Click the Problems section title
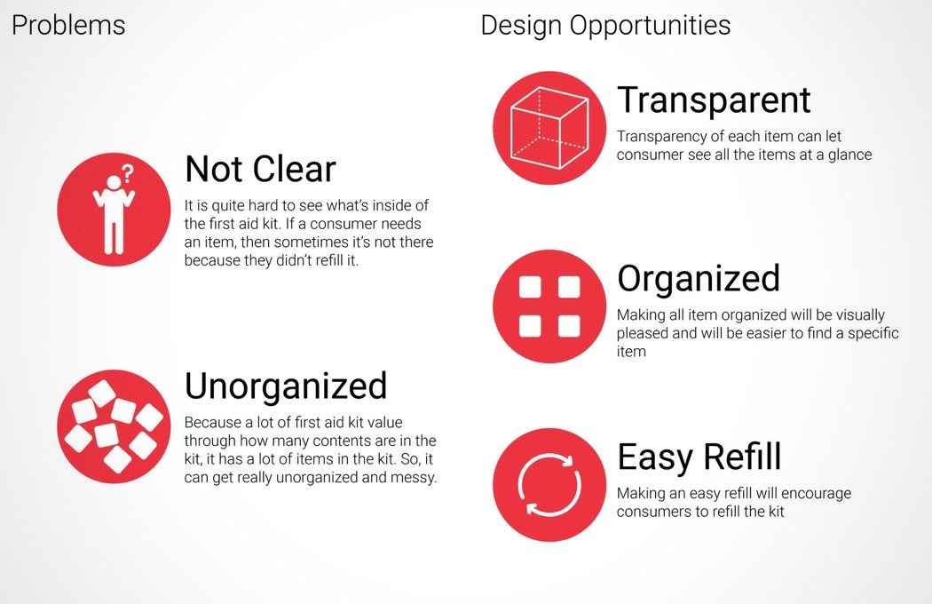coord(68,26)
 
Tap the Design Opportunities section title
coord(605,26)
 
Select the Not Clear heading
coord(260,169)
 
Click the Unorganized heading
coord(286,385)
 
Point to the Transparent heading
coord(714,100)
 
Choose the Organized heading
coord(699,279)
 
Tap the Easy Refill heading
coord(699,457)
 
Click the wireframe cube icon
coord(549,128)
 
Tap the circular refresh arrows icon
coord(549,485)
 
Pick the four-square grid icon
coord(549,306)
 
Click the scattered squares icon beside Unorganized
coord(114,426)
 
